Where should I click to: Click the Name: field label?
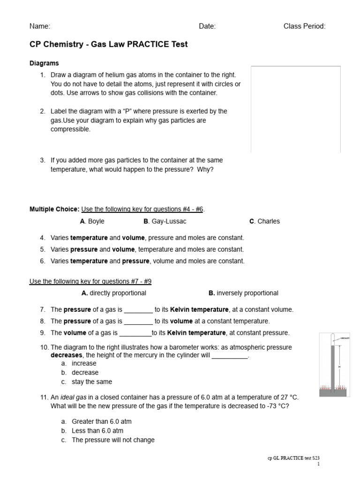(40, 27)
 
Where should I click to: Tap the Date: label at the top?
(207, 27)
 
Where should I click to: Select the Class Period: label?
(304, 27)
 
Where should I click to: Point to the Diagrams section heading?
(44, 63)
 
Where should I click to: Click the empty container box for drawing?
(296, 109)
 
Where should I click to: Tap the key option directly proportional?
(113, 293)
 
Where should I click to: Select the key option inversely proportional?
(243, 293)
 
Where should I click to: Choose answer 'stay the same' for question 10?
(92, 382)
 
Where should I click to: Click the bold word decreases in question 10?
(66, 356)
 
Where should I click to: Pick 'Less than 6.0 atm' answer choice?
(97, 431)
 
